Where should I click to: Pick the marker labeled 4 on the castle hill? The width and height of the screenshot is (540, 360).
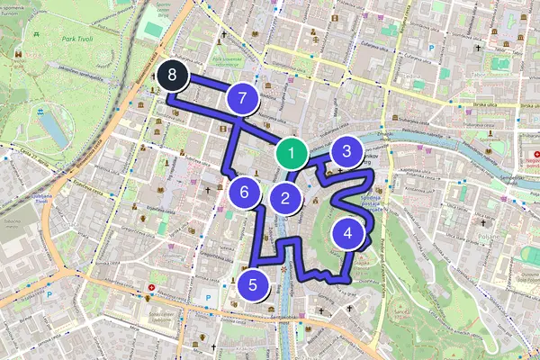click(x=348, y=234)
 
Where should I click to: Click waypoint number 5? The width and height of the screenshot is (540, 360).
click(x=253, y=285)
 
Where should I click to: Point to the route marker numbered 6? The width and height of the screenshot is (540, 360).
click(x=244, y=192)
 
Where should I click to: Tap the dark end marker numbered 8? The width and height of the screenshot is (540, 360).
click(x=170, y=77)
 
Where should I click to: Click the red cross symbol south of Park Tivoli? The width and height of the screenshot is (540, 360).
click(x=151, y=289)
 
